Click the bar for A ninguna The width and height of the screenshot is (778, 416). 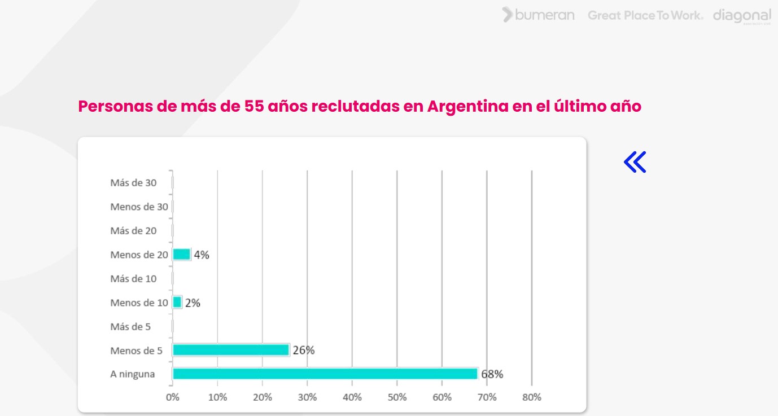(325, 374)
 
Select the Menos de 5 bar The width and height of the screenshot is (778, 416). (230, 350)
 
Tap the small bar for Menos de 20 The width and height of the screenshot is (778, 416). (181, 255)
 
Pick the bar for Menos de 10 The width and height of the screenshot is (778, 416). (177, 303)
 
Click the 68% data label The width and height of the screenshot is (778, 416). (492, 374)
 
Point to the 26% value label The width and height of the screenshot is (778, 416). (304, 351)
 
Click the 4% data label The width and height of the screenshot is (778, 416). (202, 255)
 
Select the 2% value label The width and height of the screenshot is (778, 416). (193, 303)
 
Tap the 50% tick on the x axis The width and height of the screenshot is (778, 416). (397, 397)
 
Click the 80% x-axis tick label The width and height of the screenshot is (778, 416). (532, 397)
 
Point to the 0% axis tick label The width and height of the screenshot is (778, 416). (173, 397)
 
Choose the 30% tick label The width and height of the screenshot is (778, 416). (307, 397)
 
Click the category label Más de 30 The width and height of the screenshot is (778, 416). (134, 183)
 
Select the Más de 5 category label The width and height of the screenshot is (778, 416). (131, 327)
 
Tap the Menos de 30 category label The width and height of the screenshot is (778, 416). (139, 207)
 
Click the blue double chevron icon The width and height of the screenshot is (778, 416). (635, 162)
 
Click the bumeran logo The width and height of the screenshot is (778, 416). (539, 15)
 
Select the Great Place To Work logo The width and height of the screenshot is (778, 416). (645, 15)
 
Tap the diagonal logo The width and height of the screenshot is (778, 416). (742, 16)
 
